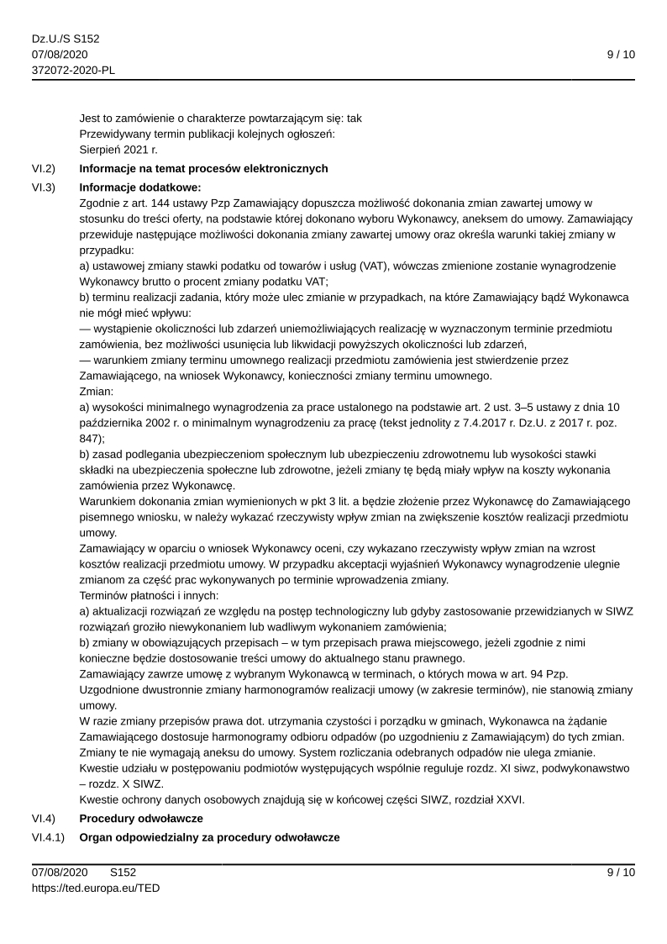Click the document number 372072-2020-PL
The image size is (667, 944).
74,70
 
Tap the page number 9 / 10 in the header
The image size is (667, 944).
621,55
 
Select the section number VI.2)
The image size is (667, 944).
44,169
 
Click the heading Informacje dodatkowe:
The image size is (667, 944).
140,187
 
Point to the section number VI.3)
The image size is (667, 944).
44,187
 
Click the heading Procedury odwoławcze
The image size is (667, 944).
141,818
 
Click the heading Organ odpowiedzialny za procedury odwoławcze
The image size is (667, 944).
209,838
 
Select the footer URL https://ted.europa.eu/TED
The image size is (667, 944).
96,887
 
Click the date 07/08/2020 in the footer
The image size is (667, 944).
60,873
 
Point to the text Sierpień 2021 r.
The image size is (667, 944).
118,150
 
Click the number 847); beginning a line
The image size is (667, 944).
92,438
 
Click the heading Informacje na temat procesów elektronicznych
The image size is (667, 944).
203,169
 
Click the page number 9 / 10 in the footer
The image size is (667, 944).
621,873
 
